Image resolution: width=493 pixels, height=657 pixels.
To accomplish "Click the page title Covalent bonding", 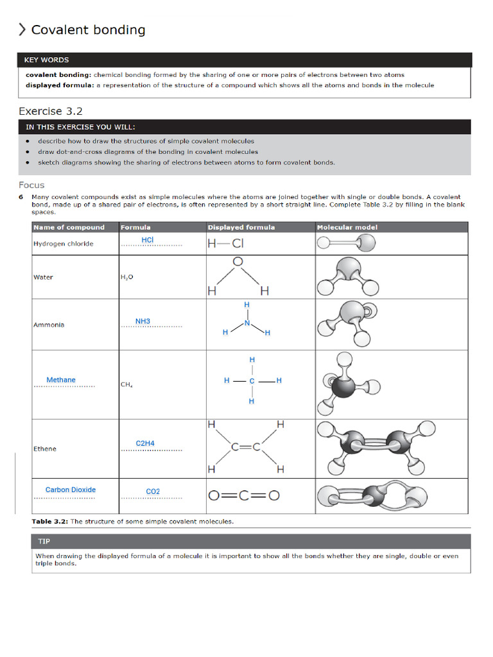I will [88, 30].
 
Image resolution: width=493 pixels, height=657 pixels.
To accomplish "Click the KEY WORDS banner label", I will [46, 60].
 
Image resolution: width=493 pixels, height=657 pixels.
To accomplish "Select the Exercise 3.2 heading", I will [51, 111].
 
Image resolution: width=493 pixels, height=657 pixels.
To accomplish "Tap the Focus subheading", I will [31, 185].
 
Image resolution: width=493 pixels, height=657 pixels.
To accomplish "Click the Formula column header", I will [135, 227].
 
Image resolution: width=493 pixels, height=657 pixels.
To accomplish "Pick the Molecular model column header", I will [347, 227].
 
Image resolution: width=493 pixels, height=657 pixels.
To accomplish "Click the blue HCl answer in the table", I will [148, 240].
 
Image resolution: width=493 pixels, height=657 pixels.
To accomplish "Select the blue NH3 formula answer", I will [143, 321].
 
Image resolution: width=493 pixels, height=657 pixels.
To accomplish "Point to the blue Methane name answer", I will [61, 380].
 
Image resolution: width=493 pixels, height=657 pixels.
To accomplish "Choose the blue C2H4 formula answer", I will [145, 443].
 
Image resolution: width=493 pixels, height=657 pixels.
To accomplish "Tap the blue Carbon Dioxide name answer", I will [71, 490].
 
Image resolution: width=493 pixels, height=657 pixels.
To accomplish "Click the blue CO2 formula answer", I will [153, 491].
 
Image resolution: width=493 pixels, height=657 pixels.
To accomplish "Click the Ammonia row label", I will [49, 325].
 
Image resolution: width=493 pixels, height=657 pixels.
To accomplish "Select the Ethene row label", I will [45, 448].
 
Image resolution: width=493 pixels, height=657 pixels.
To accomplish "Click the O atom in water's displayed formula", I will [238, 262].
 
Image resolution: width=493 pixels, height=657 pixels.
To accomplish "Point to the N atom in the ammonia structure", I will [247, 323].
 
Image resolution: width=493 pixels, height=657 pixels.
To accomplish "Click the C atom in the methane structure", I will [252, 381].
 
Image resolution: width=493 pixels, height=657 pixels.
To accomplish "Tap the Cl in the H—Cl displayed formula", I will [238, 244].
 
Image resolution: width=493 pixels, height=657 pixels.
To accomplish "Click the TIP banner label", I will [44, 541].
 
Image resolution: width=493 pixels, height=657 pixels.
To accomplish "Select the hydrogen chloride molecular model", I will [347, 243].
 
